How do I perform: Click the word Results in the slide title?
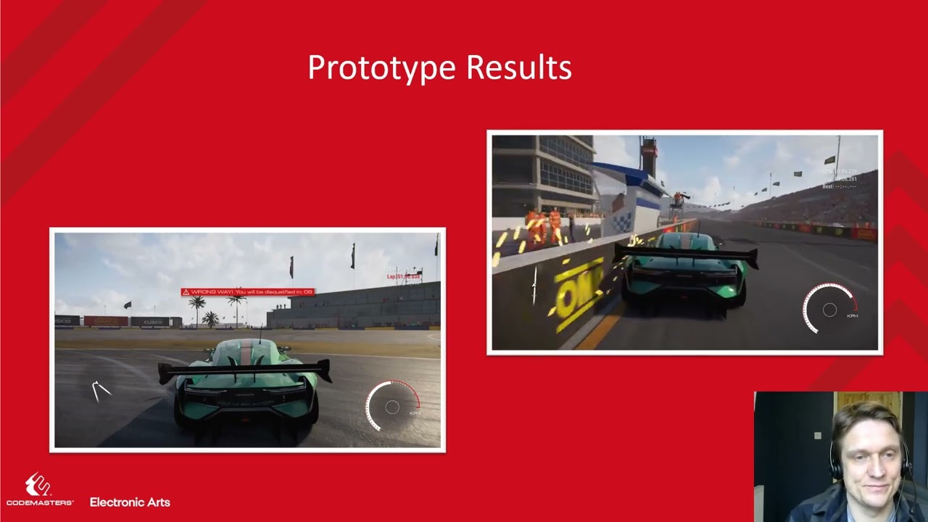(518, 68)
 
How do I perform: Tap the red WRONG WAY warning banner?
(247, 291)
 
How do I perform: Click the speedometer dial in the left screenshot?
(392, 407)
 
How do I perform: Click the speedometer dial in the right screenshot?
(830, 310)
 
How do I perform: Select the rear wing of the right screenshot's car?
(685, 254)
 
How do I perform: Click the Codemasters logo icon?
(38, 484)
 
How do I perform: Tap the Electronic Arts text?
(130, 502)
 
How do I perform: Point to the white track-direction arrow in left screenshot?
(101, 391)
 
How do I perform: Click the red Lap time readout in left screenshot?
(403, 277)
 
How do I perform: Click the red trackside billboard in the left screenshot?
(106, 321)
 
